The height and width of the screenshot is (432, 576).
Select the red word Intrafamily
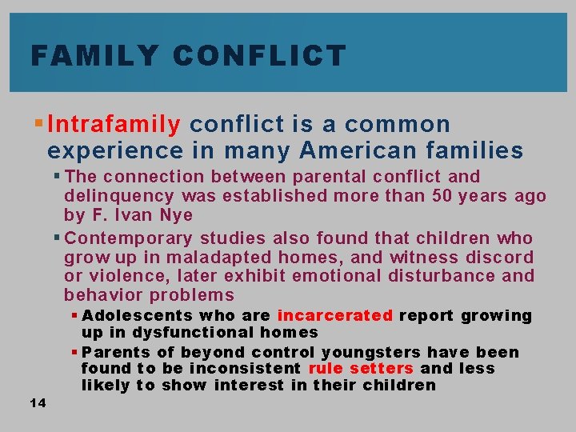coord(114,125)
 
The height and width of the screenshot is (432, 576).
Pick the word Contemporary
coord(128,238)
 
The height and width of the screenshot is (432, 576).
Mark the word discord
coord(498,257)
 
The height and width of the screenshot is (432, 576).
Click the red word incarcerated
coord(334,315)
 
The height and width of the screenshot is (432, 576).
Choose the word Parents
coord(112,352)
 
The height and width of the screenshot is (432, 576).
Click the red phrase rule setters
coord(361,368)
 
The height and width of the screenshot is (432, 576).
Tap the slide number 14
coord(37,402)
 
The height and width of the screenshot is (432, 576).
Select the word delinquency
coord(119,196)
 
